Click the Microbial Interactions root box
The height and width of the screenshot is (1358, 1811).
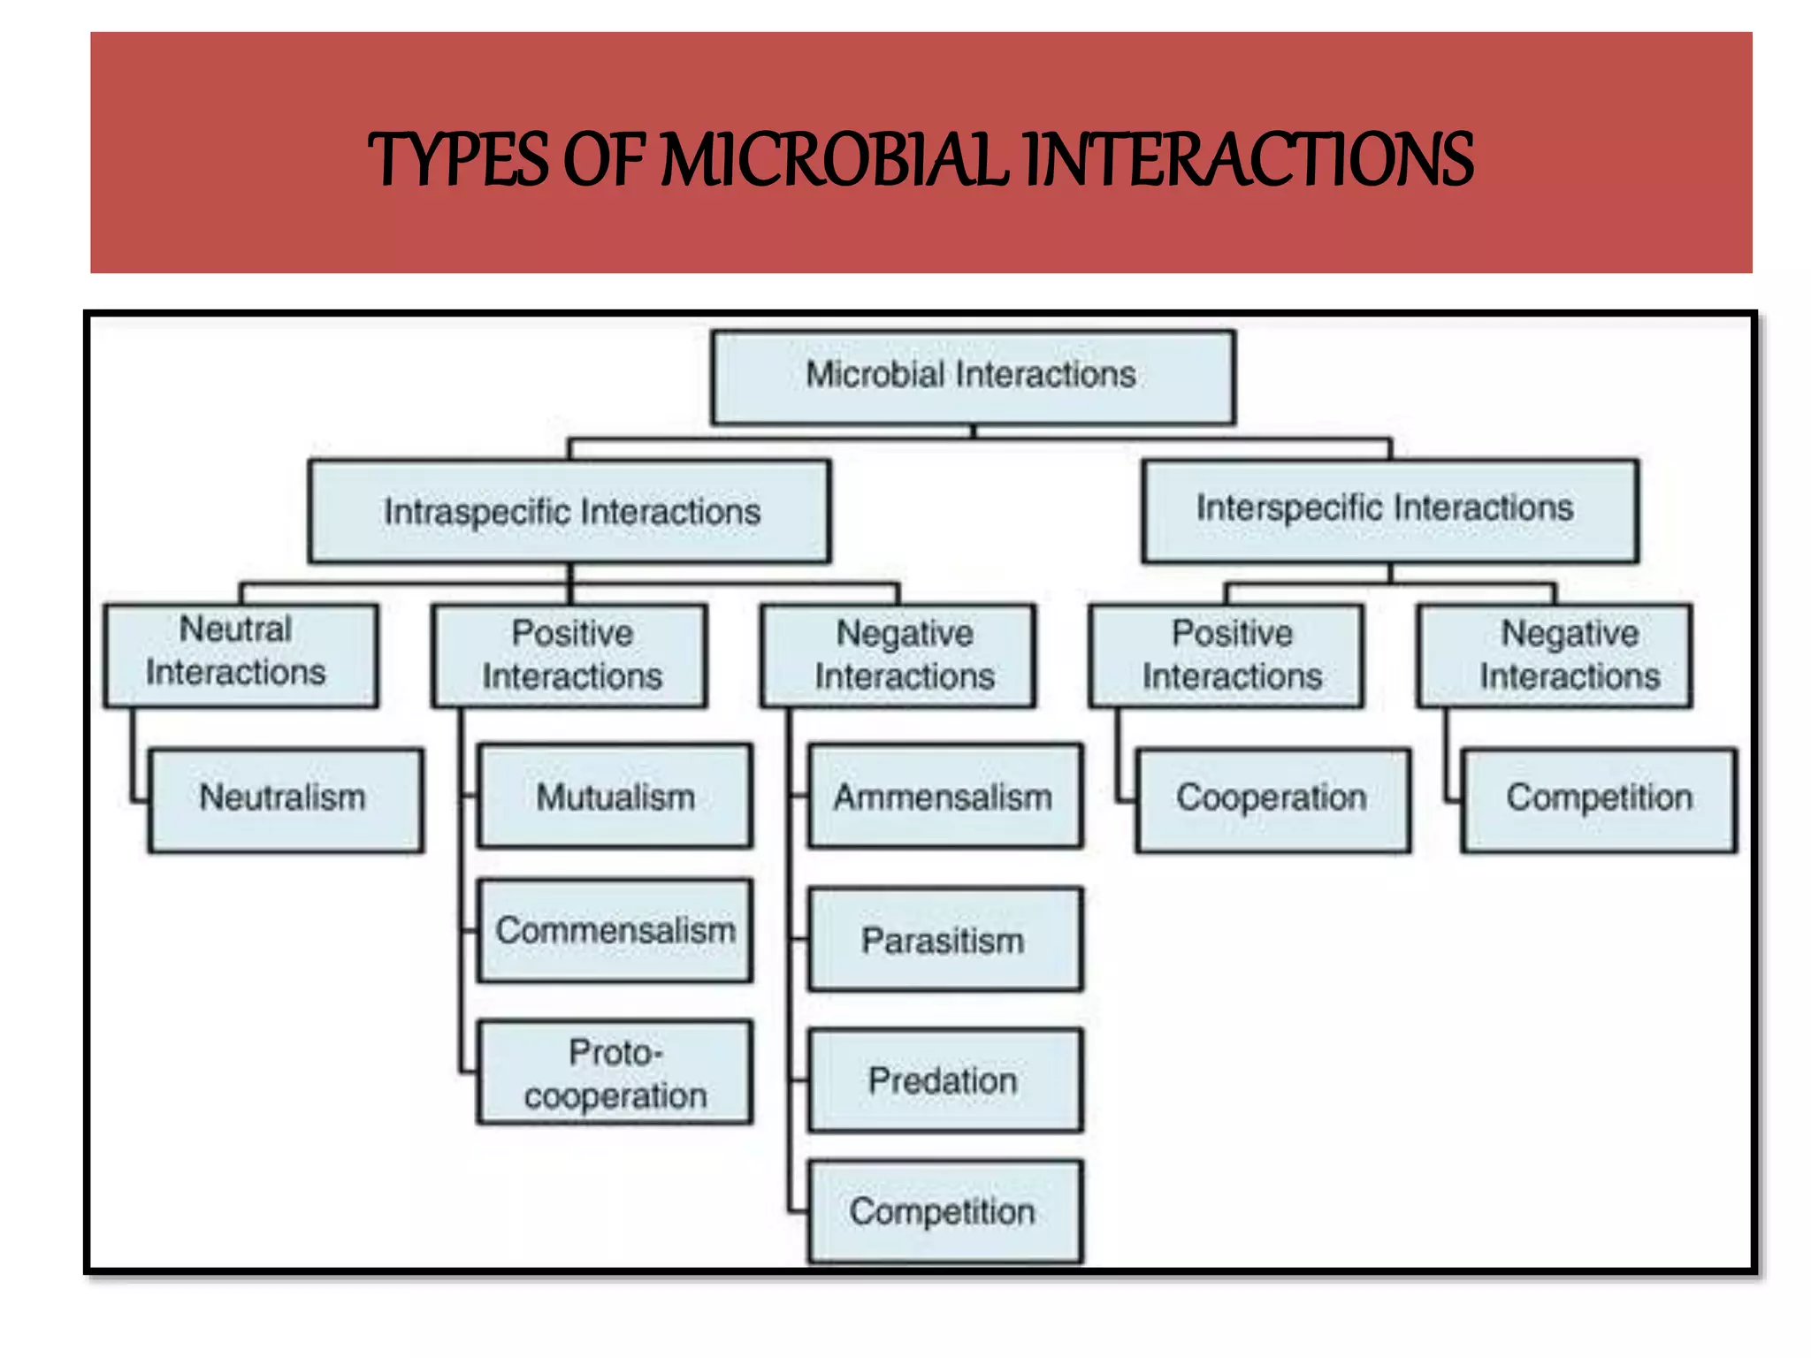pyautogui.click(x=973, y=377)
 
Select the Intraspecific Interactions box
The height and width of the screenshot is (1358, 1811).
pyautogui.click(x=569, y=511)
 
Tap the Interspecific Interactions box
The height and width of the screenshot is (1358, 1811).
pyautogui.click(x=1389, y=510)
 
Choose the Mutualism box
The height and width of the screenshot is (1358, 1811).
pyautogui.click(x=615, y=796)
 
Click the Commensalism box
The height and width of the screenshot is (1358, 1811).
pyautogui.click(x=615, y=930)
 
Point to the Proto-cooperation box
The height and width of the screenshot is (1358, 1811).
pyautogui.click(x=615, y=1072)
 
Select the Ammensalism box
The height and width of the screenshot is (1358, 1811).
pyautogui.click(x=944, y=796)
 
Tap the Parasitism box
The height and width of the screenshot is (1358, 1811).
pyautogui.click(x=944, y=939)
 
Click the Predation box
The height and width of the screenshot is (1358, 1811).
pyautogui.click(x=944, y=1080)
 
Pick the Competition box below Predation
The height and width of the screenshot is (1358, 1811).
pyautogui.click(x=944, y=1210)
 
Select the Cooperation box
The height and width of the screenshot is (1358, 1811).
pyautogui.click(x=1272, y=799)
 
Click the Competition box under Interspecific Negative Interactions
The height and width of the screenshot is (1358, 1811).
pyautogui.click(x=1599, y=799)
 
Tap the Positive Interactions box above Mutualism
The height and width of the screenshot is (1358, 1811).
pyautogui.click(x=569, y=655)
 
